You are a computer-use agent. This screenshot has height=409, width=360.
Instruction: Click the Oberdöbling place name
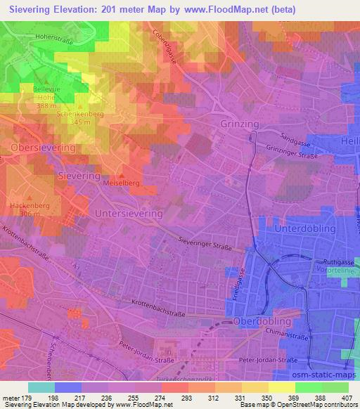coord(259,321)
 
